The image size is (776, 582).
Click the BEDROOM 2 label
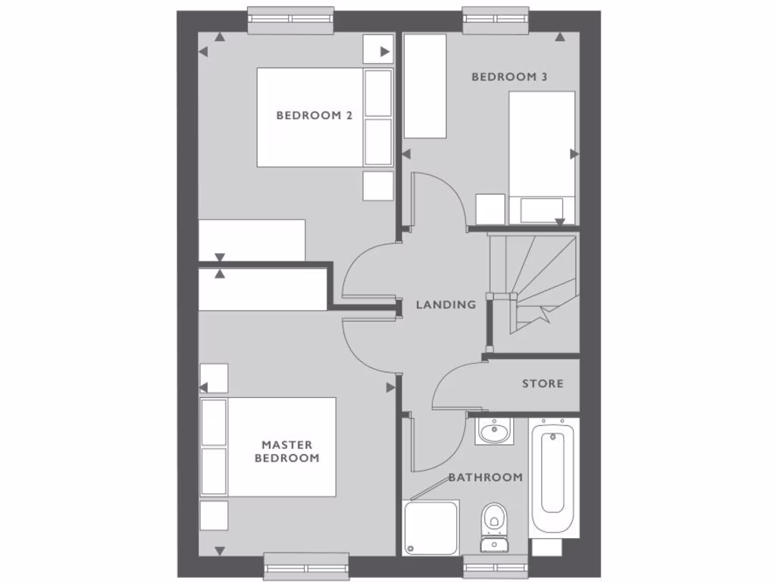pos(314,116)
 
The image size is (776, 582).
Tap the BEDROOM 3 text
pos(509,77)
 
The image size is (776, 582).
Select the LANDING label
pos(446,305)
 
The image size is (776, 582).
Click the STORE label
pos(543,383)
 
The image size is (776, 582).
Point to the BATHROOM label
pos(485,477)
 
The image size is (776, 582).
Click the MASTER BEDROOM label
pos(286,452)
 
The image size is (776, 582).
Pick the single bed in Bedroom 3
pos(542,155)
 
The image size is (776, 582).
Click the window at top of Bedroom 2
pos(291,20)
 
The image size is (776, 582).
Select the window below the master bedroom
pos(306,565)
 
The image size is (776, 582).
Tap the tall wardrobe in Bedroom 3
pos(424,86)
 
